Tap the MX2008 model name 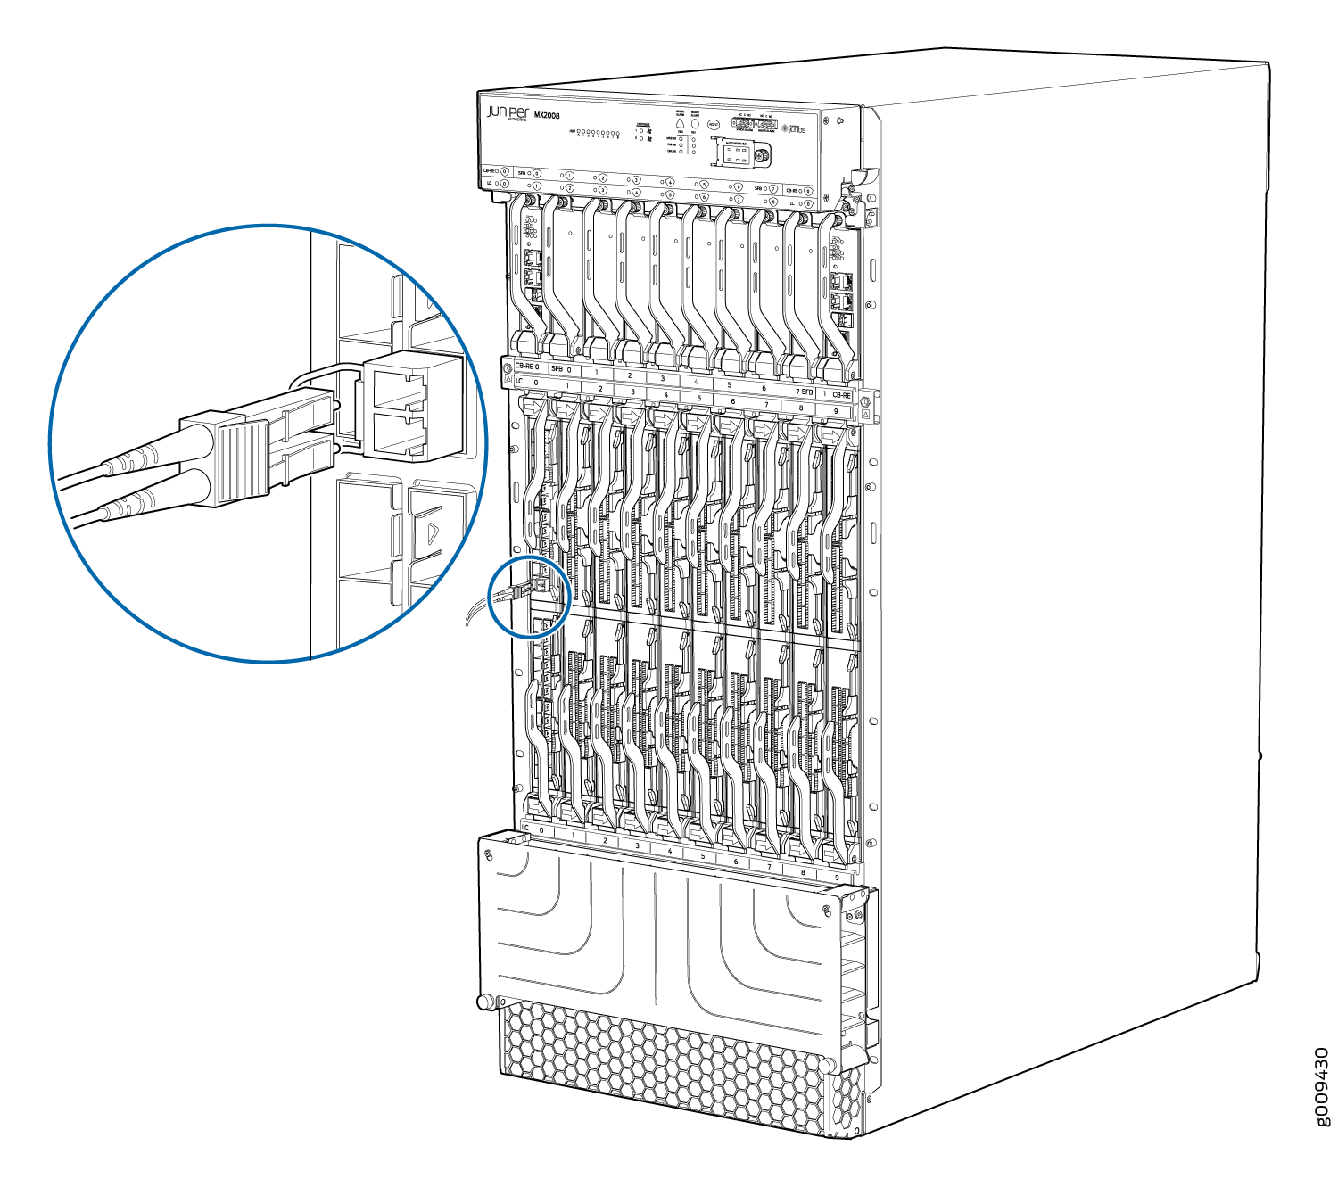546,116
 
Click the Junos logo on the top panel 794,129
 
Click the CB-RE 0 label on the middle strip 526,367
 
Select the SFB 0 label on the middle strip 561,368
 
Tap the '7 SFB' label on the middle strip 804,392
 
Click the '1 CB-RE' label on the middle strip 837,394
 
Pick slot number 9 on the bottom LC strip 837,878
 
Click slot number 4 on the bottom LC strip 669,851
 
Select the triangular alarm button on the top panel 680,125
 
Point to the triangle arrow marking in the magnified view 433,533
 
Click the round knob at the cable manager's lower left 484,1002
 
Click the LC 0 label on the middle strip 526,382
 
